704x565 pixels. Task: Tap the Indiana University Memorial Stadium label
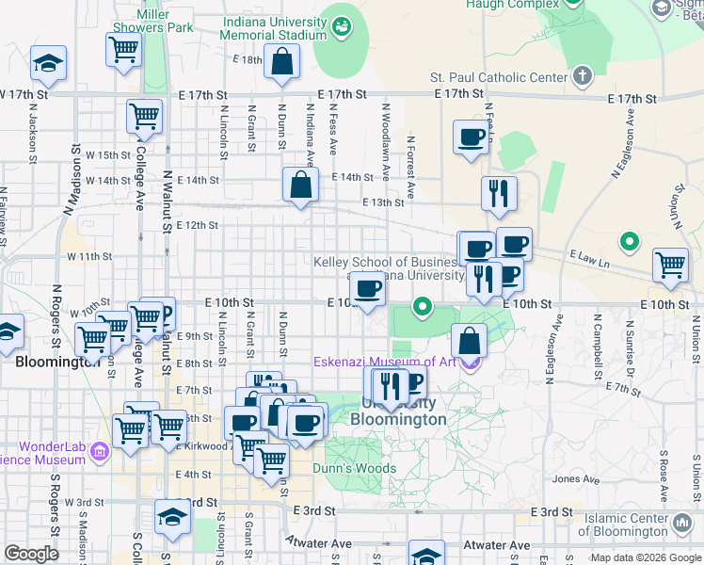[x=266, y=28]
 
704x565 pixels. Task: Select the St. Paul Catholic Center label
[x=499, y=77]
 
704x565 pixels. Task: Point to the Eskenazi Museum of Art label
[x=386, y=363]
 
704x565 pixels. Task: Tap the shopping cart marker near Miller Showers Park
[x=124, y=49]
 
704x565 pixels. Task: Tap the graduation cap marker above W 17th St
[x=48, y=63]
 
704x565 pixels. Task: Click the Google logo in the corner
[x=32, y=554]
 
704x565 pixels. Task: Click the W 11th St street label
[x=88, y=256]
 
